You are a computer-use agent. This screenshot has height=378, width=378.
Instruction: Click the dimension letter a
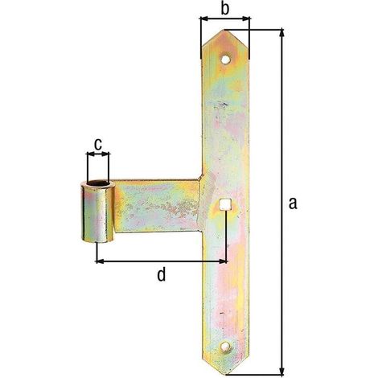[293, 203]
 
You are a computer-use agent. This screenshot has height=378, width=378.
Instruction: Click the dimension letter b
[224, 9]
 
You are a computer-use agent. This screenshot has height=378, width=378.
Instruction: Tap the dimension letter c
[98, 145]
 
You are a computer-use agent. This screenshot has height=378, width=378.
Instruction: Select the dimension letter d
[161, 275]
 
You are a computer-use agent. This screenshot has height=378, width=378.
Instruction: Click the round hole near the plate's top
[225, 60]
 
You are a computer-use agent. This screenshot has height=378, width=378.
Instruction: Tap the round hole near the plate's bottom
[224, 347]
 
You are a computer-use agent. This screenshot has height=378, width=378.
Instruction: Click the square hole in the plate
[224, 204]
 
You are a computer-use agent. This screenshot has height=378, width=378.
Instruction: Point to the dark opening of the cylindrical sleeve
[98, 184]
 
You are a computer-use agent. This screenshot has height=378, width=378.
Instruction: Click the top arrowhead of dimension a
[281, 32]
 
